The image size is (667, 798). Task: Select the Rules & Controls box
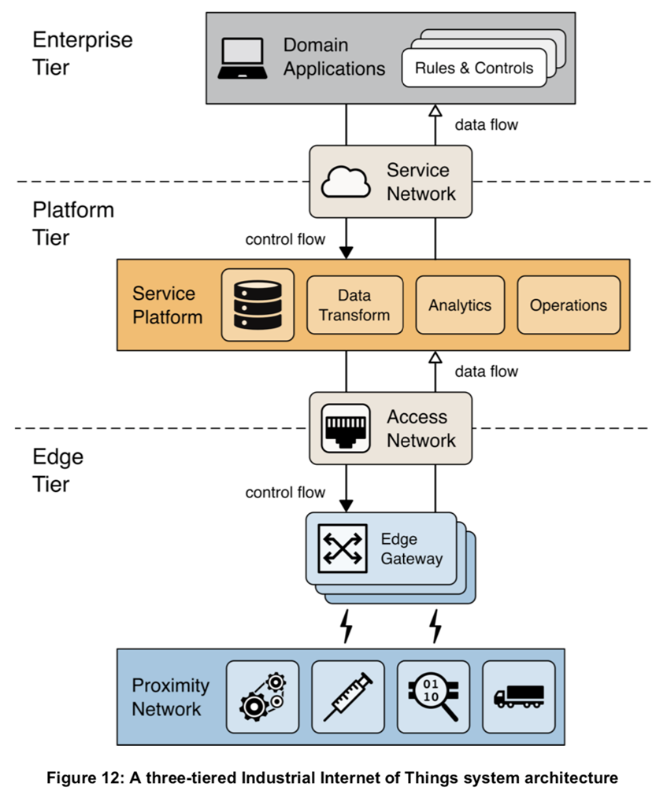click(x=474, y=68)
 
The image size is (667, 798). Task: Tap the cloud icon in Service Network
click(x=346, y=182)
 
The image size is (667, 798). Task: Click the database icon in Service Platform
click(x=258, y=305)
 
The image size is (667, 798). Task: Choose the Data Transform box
click(x=354, y=305)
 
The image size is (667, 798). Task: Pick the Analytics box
click(x=460, y=305)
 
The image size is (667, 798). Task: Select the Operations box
click(x=568, y=305)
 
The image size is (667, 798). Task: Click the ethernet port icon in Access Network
click(x=347, y=428)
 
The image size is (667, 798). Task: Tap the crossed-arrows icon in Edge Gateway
click(x=342, y=549)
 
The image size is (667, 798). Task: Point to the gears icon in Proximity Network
click(x=262, y=696)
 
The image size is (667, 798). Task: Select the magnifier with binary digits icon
click(x=433, y=696)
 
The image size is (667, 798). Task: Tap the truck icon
click(x=518, y=696)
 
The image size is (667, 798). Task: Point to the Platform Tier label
click(x=73, y=223)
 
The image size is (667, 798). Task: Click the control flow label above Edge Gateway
click(x=285, y=493)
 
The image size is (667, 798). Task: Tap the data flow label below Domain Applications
click(x=487, y=124)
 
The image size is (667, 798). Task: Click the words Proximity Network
click(x=170, y=697)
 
